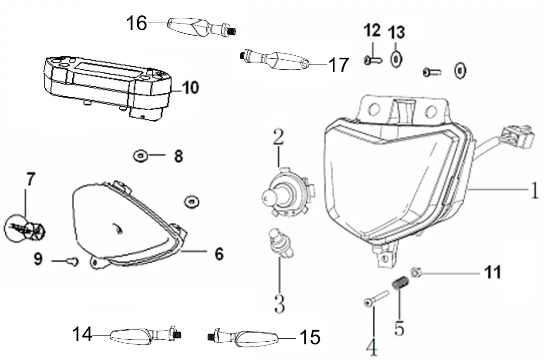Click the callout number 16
coord(136,23)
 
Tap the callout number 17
coord(338,64)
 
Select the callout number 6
coord(219,254)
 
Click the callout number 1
coord(534,191)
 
